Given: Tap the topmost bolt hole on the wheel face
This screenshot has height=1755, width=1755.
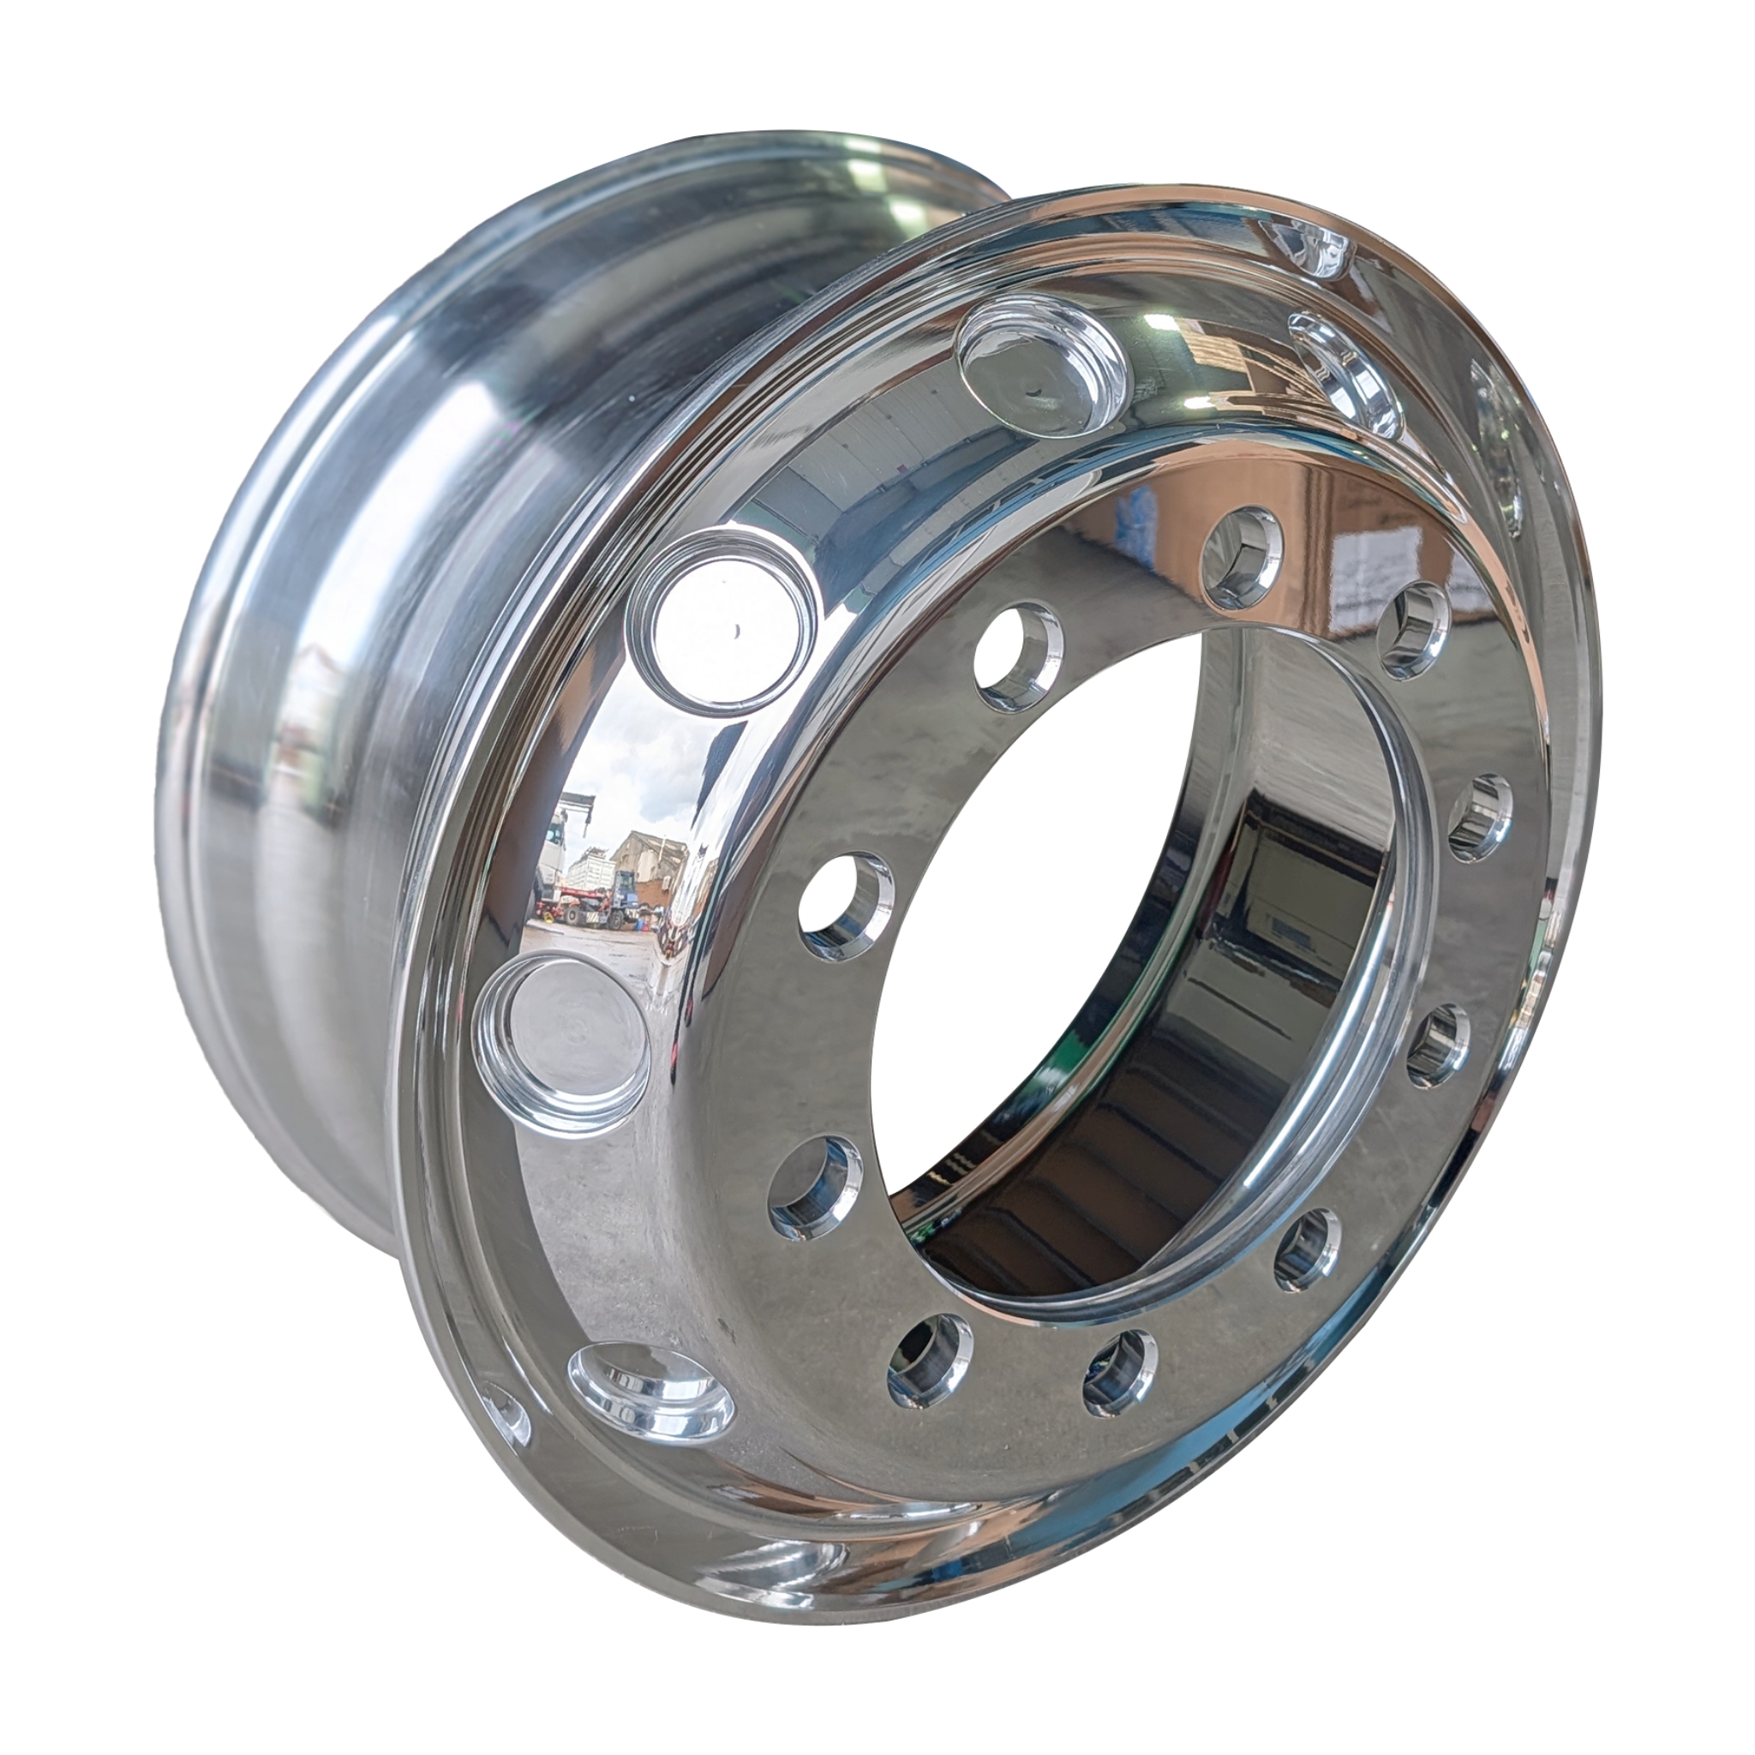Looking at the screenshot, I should click(x=1243, y=556).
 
